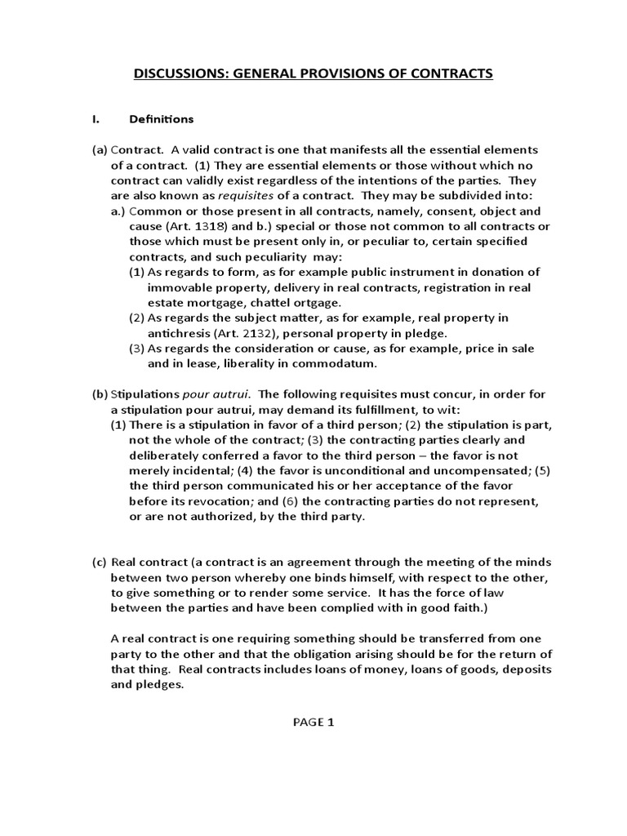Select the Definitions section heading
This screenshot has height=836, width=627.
(x=162, y=119)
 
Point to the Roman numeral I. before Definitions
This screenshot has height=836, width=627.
(x=96, y=119)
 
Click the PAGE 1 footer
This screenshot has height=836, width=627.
(x=313, y=722)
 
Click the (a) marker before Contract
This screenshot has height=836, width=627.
(x=99, y=150)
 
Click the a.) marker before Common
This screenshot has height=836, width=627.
(x=119, y=211)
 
